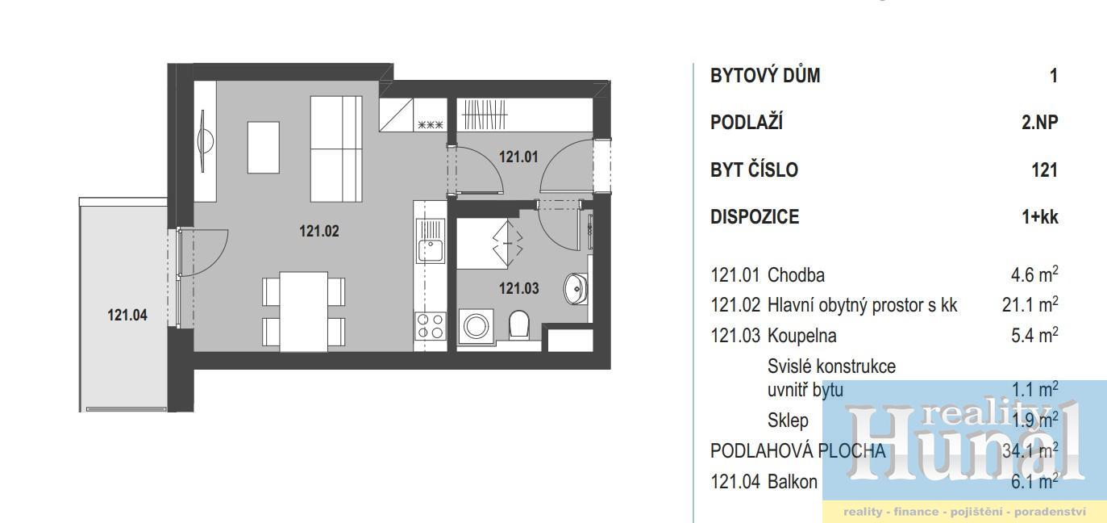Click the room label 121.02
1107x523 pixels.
pos(319,231)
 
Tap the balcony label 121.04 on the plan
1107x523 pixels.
pos(127,316)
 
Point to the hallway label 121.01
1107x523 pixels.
pos(518,157)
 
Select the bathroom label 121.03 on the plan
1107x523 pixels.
pos(519,288)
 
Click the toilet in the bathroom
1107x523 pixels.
pos(518,324)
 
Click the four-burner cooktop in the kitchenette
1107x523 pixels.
pos(430,326)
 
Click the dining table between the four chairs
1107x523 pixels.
pos(303,312)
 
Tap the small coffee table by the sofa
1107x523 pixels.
pos(264,148)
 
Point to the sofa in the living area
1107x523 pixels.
pos(336,149)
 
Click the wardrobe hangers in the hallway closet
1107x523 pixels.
pos(485,115)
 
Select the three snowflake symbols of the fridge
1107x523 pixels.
pos(431,124)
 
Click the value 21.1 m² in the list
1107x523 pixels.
pos(1030,304)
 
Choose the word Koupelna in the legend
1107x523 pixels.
pos(801,336)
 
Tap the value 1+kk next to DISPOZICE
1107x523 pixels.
pos(1040,217)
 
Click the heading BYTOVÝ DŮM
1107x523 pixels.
pos(765,76)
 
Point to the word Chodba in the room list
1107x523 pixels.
pos(796,275)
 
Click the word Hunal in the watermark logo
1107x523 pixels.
pos(966,452)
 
